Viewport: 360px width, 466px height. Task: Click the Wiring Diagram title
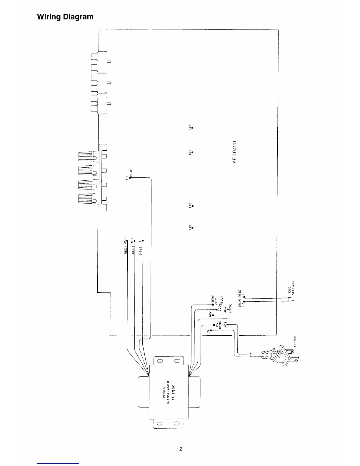65,17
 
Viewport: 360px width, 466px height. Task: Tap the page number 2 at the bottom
181,449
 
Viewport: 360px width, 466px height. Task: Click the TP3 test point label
190,205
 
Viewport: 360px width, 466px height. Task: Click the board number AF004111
234,152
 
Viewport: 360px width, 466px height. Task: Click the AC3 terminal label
226,325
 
